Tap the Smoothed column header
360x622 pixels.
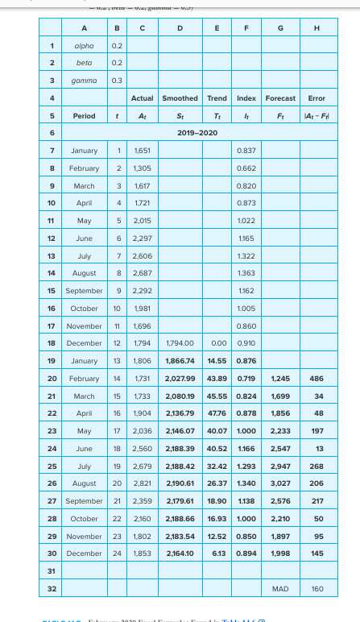(x=180, y=98)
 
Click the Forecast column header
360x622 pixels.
(x=280, y=98)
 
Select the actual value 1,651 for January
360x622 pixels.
(x=141, y=151)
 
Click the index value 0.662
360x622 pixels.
(x=246, y=168)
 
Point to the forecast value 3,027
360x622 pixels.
(x=280, y=483)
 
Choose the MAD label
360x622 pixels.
(x=280, y=589)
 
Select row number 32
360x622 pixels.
(x=52, y=589)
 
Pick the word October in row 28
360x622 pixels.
(x=85, y=519)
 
